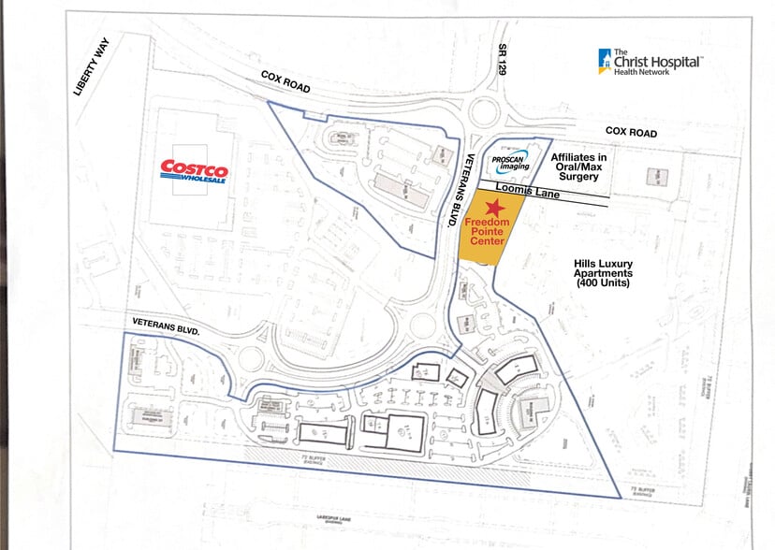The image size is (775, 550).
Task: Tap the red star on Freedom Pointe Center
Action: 492,206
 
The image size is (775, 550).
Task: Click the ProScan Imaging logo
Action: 511,161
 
